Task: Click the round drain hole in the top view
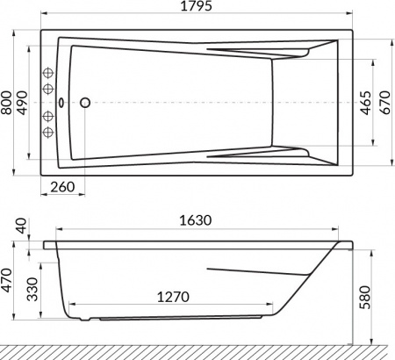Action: pyautogui.click(x=86, y=103)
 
